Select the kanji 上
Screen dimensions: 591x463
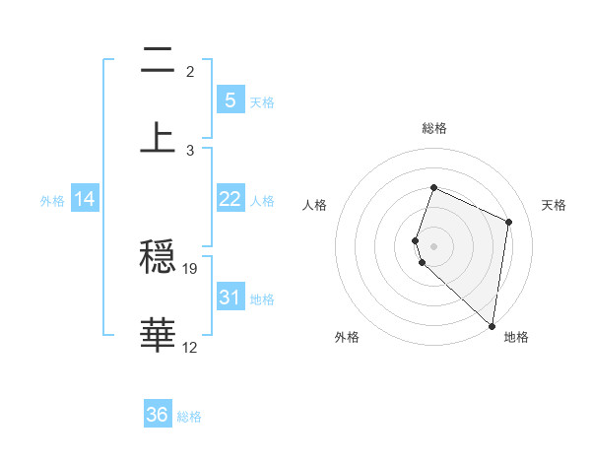click(158, 136)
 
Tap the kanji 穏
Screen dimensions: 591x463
click(158, 258)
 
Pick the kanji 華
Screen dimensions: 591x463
click(158, 336)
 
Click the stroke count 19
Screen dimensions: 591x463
click(190, 268)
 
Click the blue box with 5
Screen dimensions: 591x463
click(230, 99)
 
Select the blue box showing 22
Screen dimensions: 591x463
click(230, 199)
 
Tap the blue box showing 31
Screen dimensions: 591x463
click(230, 297)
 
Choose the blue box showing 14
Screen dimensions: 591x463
click(85, 199)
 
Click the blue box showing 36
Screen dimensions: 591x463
click(158, 415)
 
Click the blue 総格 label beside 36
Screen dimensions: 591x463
click(189, 417)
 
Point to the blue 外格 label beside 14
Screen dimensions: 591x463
click(52, 200)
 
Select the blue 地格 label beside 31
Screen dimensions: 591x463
click(262, 298)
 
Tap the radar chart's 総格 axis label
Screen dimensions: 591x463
click(434, 128)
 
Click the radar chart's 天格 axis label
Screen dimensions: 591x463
click(554, 205)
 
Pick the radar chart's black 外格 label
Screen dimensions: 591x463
click(347, 338)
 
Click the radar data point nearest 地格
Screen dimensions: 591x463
click(492, 326)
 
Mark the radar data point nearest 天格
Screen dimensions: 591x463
click(509, 222)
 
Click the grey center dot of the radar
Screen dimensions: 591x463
click(434, 245)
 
